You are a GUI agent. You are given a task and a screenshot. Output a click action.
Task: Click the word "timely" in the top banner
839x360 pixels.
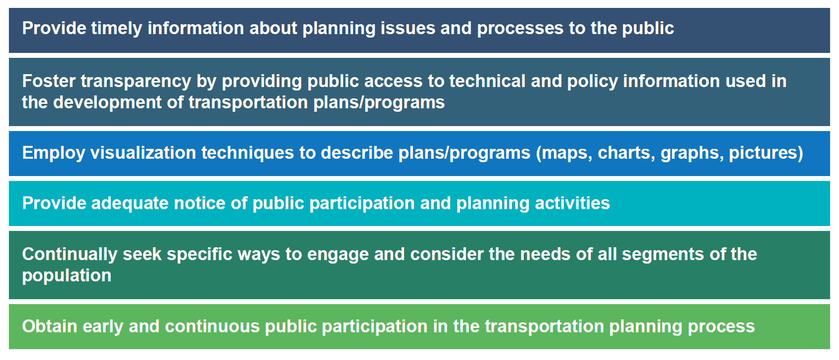click(x=116, y=29)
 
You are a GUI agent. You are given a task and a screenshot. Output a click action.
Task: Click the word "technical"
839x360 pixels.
click(x=487, y=81)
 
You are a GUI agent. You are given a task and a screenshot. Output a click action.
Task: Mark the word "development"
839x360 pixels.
click(x=107, y=103)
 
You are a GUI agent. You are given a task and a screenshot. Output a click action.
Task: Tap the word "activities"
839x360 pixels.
click(x=572, y=203)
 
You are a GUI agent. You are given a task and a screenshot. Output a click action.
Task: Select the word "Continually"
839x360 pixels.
click(x=70, y=255)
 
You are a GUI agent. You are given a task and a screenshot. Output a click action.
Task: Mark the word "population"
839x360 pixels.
click(x=67, y=276)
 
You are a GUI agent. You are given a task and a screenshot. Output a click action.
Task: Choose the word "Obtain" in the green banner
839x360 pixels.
click(x=50, y=326)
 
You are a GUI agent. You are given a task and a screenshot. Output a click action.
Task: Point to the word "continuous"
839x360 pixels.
click(x=212, y=326)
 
